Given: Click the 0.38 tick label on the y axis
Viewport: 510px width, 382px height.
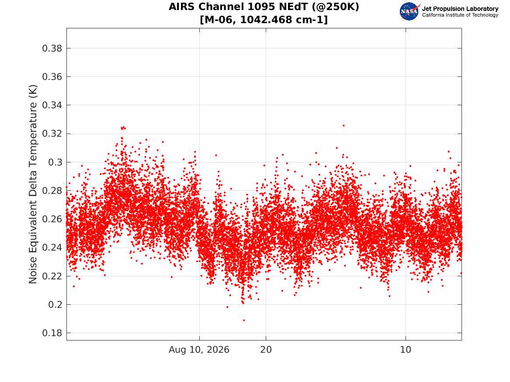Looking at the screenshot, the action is [x=52, y=48].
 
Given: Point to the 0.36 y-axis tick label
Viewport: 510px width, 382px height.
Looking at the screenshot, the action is [x=52, y=77].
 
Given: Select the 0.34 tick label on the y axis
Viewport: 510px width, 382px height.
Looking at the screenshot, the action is [x=52, y=105].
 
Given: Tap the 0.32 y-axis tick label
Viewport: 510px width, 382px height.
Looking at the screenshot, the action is [x=52, y=134].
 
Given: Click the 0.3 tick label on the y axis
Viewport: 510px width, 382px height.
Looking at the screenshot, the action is [x=55, y=162].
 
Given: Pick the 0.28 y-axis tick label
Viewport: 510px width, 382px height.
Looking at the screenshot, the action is [x=52, y=191].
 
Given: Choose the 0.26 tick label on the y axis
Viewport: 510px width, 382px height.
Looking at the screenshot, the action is [x=52, y=219].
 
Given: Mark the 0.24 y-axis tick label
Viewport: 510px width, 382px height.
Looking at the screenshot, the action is [x=52, y=248].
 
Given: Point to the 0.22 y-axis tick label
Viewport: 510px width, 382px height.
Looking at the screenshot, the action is [x=52, y=276].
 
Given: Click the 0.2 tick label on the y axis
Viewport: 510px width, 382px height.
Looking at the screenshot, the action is [x=55, y=304].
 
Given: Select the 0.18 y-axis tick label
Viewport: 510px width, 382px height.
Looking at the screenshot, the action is [x=52, y=333].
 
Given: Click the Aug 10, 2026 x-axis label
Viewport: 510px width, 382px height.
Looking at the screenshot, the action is [x=199, y=350].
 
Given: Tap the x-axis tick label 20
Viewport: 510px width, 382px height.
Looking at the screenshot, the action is [x=266, y=350].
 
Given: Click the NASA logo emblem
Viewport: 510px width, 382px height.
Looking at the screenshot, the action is [x=409, y=11].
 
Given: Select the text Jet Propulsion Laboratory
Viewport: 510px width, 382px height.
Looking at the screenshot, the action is [x=460, y=9].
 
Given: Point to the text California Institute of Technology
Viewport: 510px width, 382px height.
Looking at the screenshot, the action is [x=460, y=15].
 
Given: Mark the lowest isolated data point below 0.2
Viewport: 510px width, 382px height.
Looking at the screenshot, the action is [x=244, y=320].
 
